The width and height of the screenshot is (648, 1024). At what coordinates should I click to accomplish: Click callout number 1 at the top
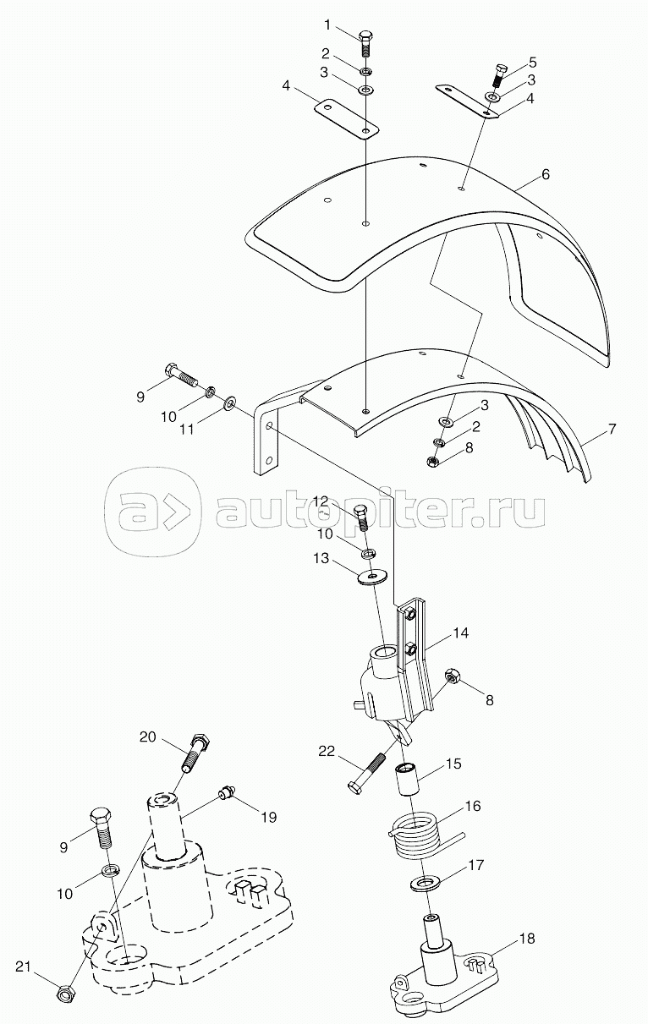tap(327, 25)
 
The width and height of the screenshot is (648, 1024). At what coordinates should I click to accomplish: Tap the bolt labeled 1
tap(365, 44)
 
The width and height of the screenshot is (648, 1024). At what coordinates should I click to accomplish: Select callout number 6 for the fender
tap(545, 175)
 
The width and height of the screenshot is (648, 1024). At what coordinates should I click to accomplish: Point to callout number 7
tap(612, 430)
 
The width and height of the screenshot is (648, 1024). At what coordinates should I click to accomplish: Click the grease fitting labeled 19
tap(226, 792)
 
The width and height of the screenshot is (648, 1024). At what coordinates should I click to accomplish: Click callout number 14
tap(461, 633)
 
